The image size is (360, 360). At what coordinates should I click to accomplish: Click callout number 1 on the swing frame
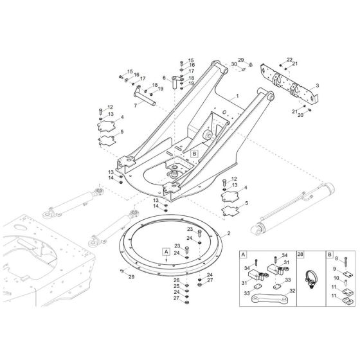(x=237, y=96)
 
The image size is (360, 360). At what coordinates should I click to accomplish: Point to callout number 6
(x=165, y=78)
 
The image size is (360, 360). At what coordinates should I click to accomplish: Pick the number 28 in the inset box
(x=300, y=254)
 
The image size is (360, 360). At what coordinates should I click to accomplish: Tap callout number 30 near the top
(x=233, y=65)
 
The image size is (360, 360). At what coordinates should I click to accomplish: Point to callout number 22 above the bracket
(x=307, y=59)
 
